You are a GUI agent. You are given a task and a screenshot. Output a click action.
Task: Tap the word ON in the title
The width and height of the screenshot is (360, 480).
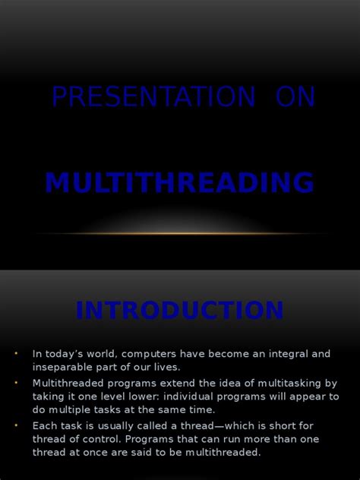click(291, 96)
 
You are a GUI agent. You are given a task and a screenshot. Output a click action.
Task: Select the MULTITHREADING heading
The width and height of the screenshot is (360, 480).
click(179, 183)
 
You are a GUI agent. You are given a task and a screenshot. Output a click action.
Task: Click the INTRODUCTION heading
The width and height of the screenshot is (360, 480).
click(180, 310)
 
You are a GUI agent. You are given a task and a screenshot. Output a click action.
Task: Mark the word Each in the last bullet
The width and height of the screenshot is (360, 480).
click(44, 425)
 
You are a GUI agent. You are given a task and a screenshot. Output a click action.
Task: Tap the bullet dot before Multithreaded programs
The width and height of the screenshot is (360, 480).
click(15, 382)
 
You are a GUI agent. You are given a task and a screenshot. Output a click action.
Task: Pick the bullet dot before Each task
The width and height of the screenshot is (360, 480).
click(15, 425)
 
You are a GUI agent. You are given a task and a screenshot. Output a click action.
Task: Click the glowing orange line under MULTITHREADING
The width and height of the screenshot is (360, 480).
click(180, 233)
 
